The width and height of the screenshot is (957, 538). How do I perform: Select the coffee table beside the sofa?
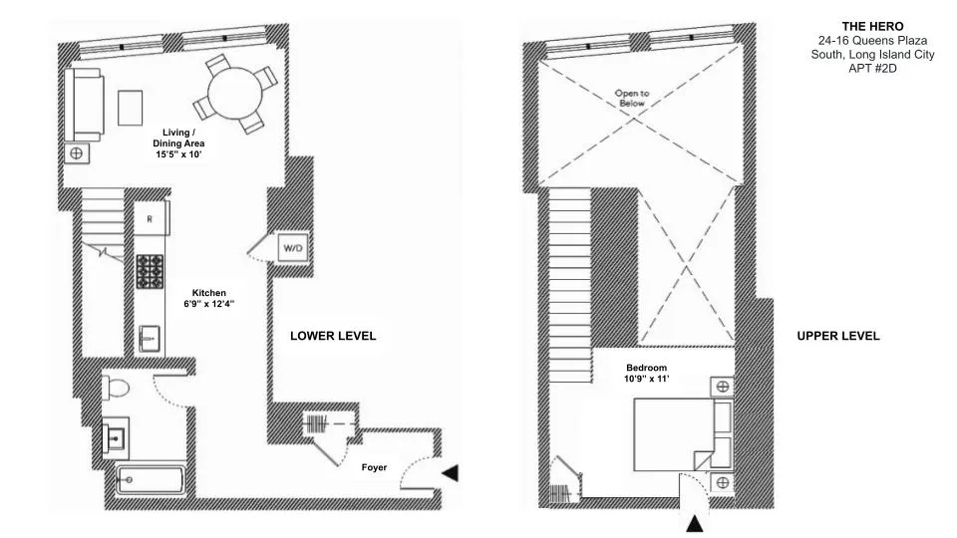[x=131, y=107]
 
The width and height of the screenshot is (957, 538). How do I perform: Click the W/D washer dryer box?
[x=293, y=246]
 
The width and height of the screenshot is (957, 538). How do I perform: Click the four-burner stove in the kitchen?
[x=151, y=270]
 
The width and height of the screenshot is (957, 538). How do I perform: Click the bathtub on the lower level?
[x=150, y=480]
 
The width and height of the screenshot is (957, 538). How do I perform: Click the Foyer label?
[x=373, y=466]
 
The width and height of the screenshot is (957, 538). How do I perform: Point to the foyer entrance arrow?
[x=451, y=472]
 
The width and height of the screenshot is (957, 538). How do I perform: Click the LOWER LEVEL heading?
[x=333, y=336]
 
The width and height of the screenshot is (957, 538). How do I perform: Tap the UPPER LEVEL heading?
[x=837, y=336]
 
